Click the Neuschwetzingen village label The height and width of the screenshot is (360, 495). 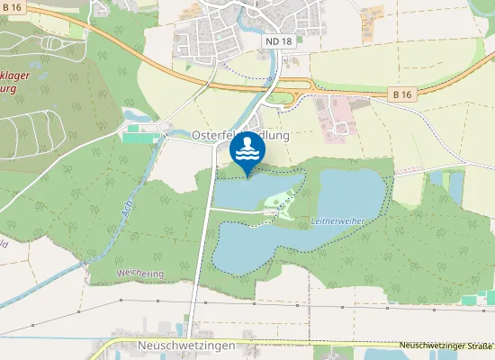tap(187, 346)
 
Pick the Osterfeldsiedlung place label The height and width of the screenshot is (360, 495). tap(240, 135)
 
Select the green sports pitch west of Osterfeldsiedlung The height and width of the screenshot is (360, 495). tap(134, 138)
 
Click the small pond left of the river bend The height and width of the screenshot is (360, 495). tap(134, 115)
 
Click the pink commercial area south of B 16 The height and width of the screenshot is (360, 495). tap(335, 113)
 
